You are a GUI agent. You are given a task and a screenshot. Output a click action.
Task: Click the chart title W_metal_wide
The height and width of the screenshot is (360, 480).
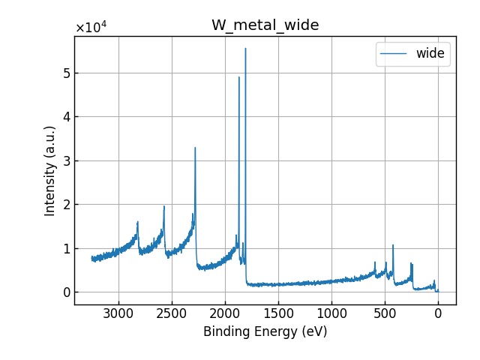pyautogui.click(x=265, y=25)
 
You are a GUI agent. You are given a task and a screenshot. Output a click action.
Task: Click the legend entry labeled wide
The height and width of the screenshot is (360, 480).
pyautogui.click(x=430, y=53)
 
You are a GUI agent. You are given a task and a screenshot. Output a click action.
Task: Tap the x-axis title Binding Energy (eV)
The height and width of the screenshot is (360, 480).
pyautogui.click(x=265, y=331)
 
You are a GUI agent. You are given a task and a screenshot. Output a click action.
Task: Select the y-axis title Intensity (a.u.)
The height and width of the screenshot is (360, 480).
pyautogui.click(x=50, y=170)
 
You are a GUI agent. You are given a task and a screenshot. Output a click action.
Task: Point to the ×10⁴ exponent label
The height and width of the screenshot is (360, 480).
pyautogui.click(x=91, y=28)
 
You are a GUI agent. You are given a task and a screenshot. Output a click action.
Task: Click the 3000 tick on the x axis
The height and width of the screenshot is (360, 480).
pyautogui.click(x=118, y=313)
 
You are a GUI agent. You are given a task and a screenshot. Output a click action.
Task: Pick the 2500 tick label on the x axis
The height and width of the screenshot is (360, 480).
pyautogui.click(x=172, y=313)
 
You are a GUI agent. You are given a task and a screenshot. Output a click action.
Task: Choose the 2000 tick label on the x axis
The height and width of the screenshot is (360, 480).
pyautogui.click(x=225, y=313)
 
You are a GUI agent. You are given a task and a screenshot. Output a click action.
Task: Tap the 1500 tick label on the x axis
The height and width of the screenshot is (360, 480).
pyautogui.click(x=278, y=313)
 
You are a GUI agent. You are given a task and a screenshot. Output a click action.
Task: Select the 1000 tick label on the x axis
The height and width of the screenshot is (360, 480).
pyautogui.click(x=331, y=313)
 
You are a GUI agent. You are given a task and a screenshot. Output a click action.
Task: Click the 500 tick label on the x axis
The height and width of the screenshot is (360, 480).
pyautogui.click(x=385, y=313)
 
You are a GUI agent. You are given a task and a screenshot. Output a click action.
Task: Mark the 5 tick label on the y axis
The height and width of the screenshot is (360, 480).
pyautogui.click(x=65, y=73)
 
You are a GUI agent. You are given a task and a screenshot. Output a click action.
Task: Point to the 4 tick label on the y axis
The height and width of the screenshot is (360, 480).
pyautogui.click(x=65, y=117)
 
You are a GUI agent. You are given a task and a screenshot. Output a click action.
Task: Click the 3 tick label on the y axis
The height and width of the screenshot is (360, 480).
pyautogui.click(x=65, y=160)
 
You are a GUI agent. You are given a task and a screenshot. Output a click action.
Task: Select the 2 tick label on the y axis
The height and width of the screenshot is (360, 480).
pyautogui.click(x=65, y=205)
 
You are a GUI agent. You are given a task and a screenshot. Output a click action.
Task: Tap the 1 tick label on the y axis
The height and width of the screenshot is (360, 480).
pyautogui.click(x=65, y=248)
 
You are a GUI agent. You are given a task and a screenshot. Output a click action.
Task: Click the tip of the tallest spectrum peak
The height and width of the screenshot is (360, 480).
pyautogui.click(x=245, y=49)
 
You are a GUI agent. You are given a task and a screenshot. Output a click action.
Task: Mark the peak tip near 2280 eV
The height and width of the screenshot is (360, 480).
pyautogui.click(x=195, y=148)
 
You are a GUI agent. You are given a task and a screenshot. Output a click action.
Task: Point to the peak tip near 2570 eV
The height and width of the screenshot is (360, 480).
pyautogui.click(x=164, y=206)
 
